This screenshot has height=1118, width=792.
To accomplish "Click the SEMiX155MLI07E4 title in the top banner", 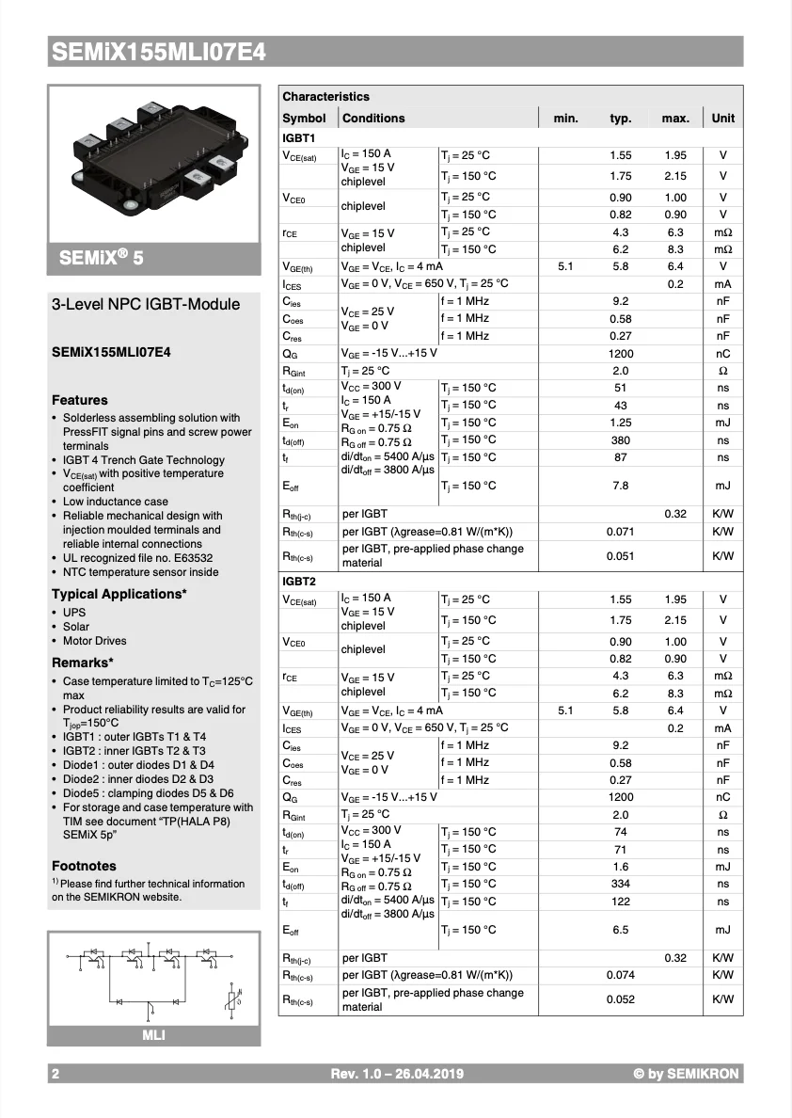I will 158,53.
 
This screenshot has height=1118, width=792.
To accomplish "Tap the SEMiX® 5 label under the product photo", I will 103,258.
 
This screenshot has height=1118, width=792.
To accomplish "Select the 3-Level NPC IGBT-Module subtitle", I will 146,304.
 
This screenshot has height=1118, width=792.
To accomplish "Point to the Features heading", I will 80,400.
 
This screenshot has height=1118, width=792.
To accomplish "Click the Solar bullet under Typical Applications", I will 76,627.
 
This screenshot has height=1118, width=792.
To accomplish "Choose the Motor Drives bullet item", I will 94,641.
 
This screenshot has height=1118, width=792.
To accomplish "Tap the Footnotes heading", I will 84,866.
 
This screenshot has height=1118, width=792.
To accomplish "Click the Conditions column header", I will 373,119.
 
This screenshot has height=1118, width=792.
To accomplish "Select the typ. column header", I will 621,119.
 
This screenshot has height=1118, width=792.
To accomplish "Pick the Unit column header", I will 723,119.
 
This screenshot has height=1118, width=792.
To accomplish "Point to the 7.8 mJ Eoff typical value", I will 621,486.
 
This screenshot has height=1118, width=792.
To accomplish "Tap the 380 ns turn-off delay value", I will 621,440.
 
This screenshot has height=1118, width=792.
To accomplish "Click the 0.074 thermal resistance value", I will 621,976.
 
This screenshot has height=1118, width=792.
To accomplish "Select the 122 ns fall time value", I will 621,902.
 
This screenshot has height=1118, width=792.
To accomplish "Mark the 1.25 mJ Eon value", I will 621,423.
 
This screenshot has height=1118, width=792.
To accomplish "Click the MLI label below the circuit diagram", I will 153,1036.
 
